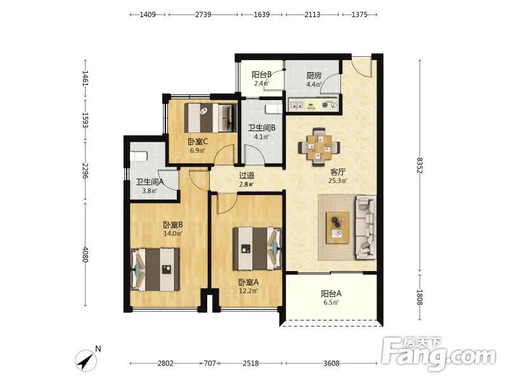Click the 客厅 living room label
[x=337, y=172]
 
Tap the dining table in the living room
[x=319, y=148]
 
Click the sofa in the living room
[x=366, y=227]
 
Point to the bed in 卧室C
[x=211, y=118]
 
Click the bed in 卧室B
[x=155, y=270]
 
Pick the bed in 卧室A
[x=257, y=248]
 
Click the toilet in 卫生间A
[x=139, y=156]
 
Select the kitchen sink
[x=297, y=104]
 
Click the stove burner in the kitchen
[x=329, y=104]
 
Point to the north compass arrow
[x=86, y=360]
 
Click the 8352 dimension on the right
[x=420, y=165]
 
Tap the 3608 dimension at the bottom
[x=331, y=363]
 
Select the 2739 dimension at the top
[x=203, y=15]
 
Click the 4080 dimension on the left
[x=86, y=254]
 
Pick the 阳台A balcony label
[x=331, y=294]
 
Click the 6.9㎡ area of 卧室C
[x=198, y=150]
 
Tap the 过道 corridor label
[x=247, y=175]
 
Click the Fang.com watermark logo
[x=439, y=354]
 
